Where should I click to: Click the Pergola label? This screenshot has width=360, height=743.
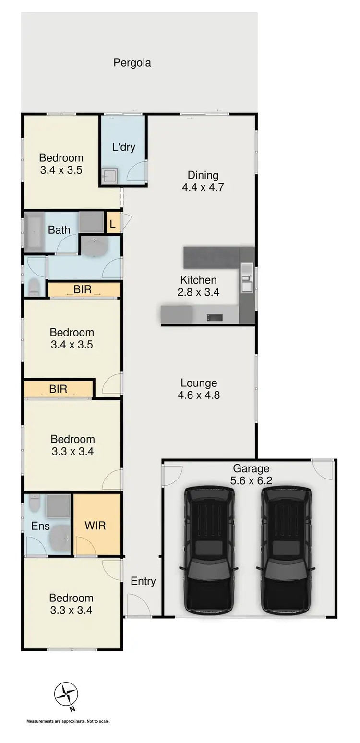click(x=132, y=63)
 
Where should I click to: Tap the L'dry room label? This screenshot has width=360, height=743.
click(x=123, y=147)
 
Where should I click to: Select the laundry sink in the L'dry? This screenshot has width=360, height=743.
click(x=109, y=176)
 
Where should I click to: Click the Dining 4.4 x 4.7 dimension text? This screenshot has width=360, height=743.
click(x=203, y=187)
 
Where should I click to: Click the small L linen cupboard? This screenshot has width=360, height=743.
click(x=113, y=224)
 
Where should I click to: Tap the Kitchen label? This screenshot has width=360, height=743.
click(x=198, y=280)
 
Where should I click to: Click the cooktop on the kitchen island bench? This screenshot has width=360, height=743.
click(x=214, y=317)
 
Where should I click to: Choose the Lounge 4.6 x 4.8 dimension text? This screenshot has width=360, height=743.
click(x=199, y=395)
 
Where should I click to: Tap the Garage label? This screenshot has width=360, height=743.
click(x=251, y=468)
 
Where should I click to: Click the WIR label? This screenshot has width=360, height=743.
click(x=95, y=525)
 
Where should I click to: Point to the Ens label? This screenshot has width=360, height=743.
click(x=40, y=526)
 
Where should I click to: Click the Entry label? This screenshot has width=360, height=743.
click(x=143, y=581)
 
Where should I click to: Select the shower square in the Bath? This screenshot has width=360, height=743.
click(x=91, y=222)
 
